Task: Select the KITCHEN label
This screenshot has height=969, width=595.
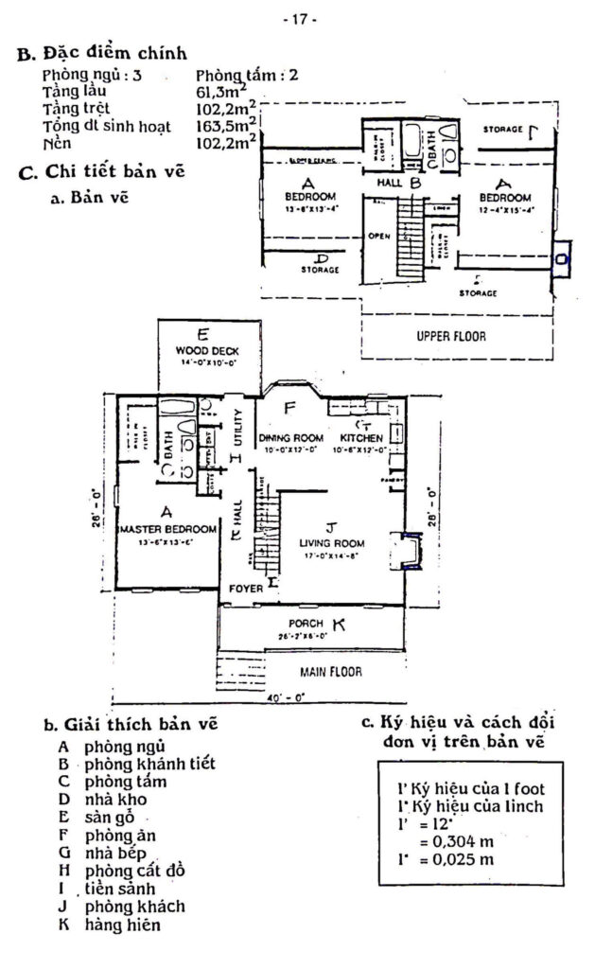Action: click(x=360, y=438)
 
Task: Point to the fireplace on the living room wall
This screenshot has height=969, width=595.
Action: click(x=409, y=552)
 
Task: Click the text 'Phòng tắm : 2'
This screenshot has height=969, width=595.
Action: click(x=246, y=74)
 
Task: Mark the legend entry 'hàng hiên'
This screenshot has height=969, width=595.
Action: click(x=123, y=925)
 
